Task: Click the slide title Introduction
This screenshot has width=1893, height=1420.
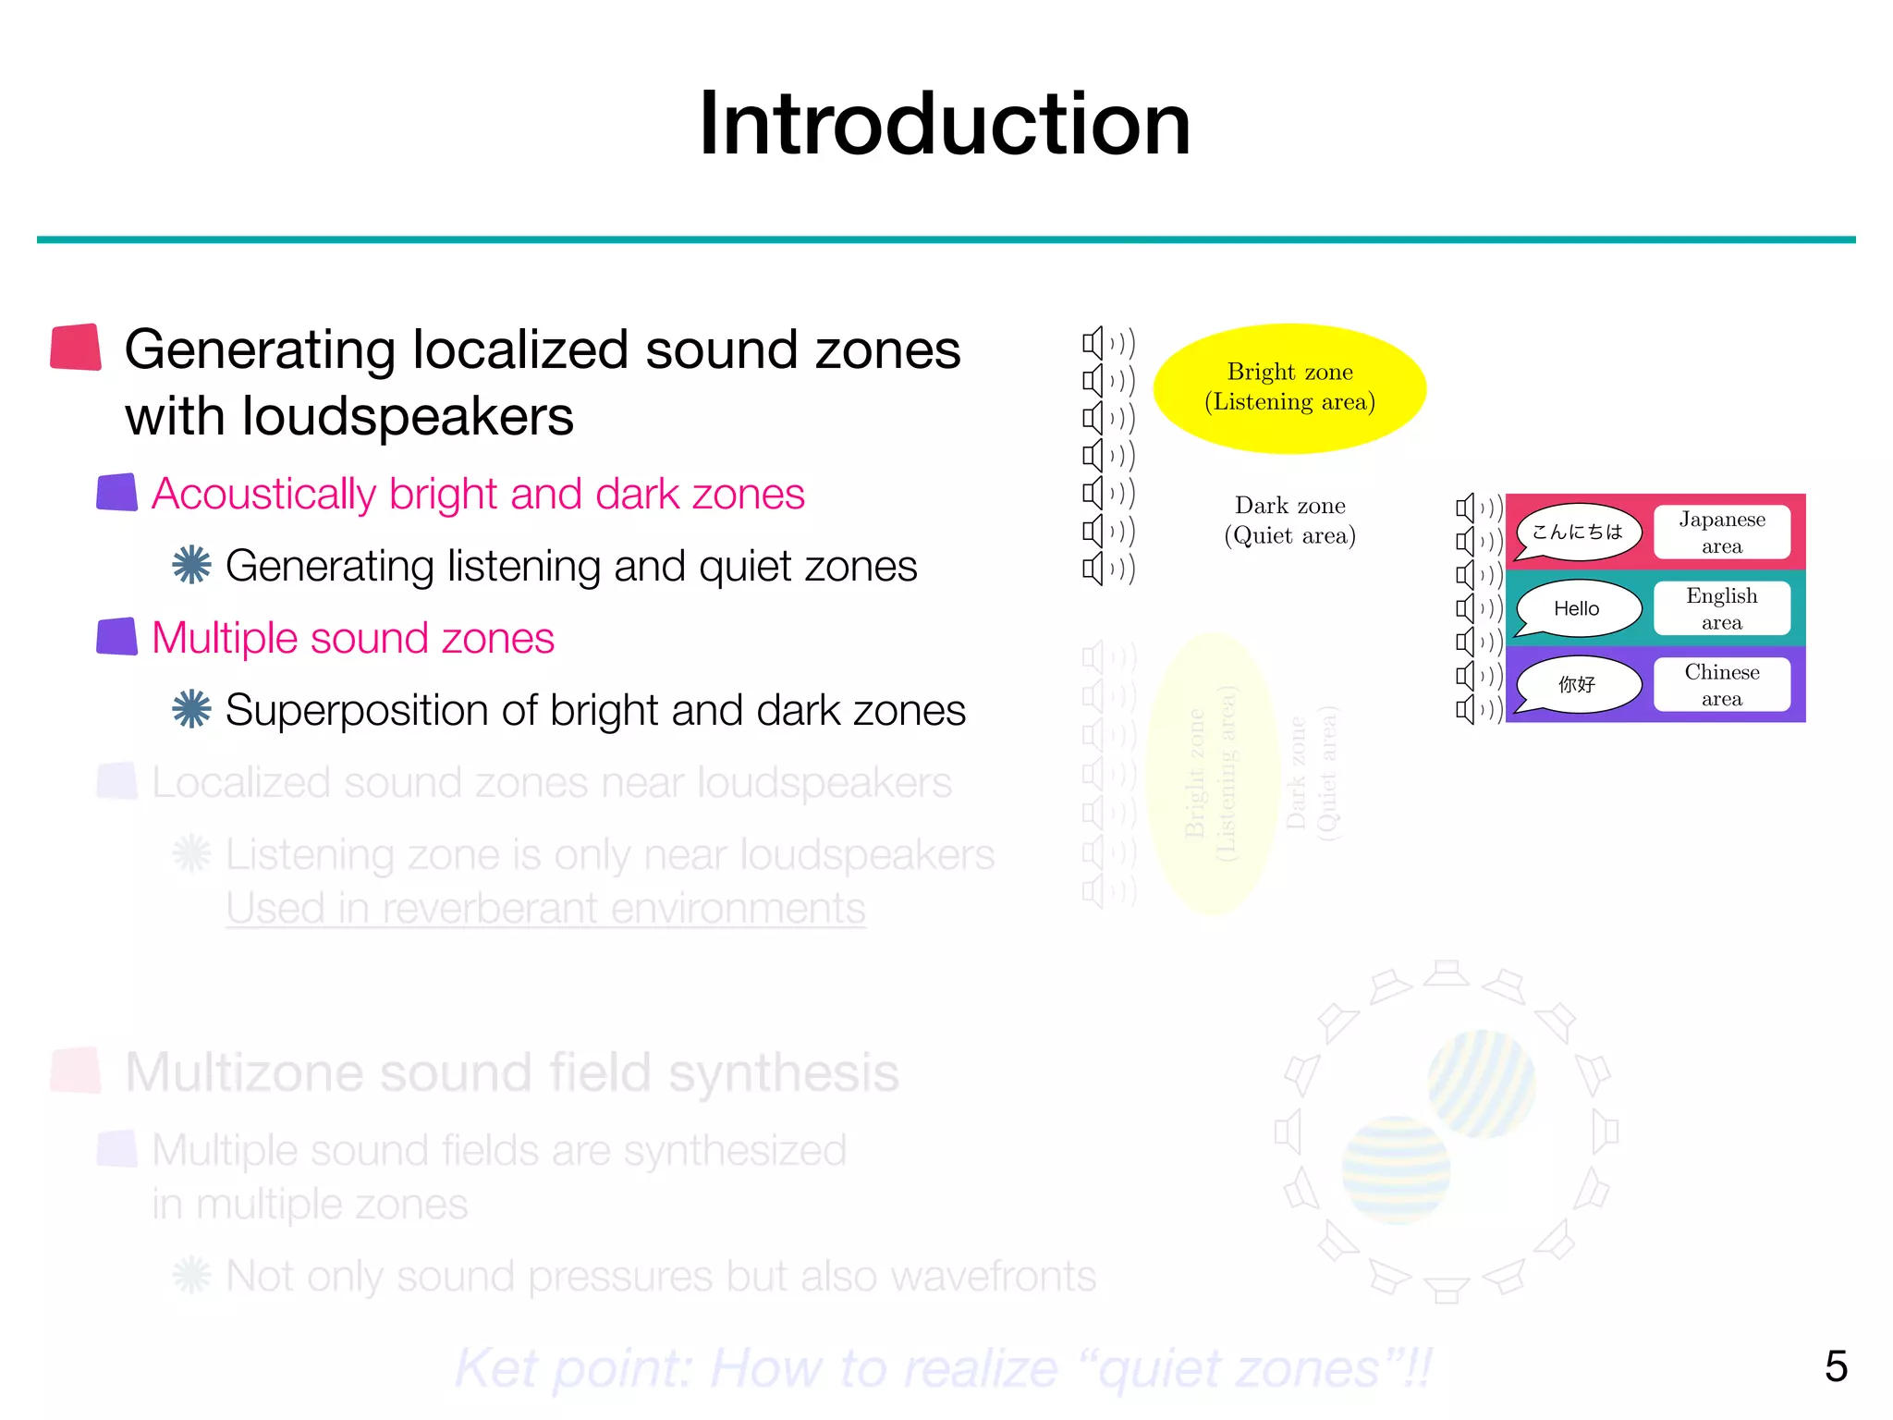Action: pos(945,124)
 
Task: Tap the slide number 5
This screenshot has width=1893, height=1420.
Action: pos(1835,1365)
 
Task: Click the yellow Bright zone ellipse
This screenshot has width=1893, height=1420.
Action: pos(1289,388)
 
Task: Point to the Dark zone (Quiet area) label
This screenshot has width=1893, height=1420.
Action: pos(1289,520)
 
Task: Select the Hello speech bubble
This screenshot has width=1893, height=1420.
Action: pos(1578,608)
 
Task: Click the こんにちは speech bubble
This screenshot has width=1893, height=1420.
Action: pos(1578,532)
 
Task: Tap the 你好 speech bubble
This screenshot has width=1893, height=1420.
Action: pos(1578,684)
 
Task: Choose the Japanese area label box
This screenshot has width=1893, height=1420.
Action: pos(1721,532)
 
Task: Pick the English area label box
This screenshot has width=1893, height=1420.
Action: pos(1721,608)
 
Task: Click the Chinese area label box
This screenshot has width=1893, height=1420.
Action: pos(1721,685)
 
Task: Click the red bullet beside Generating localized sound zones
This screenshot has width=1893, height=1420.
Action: pos(76,348)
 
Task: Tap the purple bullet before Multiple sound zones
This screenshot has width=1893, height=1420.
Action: pos(117,637)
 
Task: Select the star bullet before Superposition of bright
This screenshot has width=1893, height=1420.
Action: pos(191,709)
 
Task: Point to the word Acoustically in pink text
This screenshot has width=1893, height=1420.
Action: pos(263,494)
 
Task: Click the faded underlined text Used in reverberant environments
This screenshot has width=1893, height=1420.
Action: pos(545,908)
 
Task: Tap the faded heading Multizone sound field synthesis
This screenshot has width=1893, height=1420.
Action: pos(511,1072)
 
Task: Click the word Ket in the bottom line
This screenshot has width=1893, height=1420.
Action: pos(496,1368)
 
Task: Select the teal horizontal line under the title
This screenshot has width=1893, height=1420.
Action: pos(945,239)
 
